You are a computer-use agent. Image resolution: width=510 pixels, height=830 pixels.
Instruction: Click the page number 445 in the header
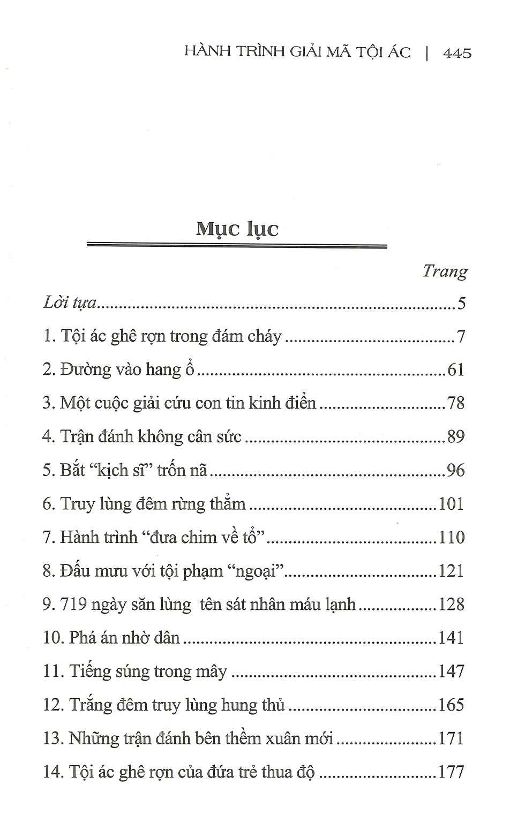click(457, 53)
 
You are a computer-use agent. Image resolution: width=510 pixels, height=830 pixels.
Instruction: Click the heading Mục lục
click(237, 229)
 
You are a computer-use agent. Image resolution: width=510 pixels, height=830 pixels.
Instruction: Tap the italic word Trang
click(445, 271)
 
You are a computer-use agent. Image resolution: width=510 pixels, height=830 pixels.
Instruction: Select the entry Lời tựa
click(70, 303)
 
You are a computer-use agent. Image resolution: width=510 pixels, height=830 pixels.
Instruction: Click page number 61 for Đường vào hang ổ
click(455, 369)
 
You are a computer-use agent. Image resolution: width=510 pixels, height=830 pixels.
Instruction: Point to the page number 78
click(455, 403)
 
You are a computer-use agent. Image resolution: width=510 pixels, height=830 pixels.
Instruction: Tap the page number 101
click(451, 504)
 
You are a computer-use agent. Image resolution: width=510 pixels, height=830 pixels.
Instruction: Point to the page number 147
click(451, 671)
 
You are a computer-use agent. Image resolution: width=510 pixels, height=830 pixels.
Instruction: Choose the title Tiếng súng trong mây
click(148, 671)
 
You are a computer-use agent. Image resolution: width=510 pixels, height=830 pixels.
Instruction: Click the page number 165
click(451, 705)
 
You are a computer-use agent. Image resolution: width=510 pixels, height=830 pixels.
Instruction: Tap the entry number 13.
click(53, 738)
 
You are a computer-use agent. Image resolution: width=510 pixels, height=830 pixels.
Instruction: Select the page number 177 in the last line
click(451, 772)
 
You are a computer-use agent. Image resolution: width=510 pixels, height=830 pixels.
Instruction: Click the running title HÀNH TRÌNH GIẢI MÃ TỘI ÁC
click(297, 52)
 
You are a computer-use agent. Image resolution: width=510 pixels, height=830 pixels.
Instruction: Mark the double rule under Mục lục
click(236, 246)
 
